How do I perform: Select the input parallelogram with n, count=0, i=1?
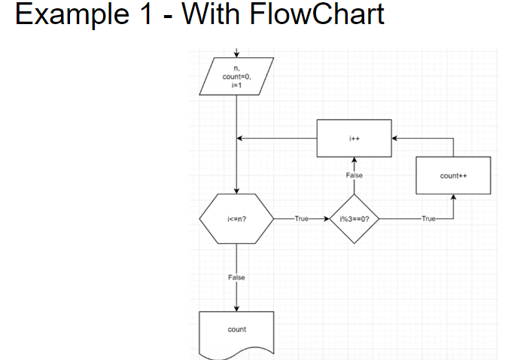[236, 76]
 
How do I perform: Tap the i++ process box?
[354, 139]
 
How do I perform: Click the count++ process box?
[453, 175]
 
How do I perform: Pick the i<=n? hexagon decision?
[236, 219]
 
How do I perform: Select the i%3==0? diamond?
[354, 219]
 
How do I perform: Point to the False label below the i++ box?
[354, 175]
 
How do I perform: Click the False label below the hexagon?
[236, 278]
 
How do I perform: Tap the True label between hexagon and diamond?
[303, 219]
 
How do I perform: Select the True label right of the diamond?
[428, 219]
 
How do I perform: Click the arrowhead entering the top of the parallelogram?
[236, 53]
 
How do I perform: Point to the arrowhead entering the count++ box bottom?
[453, 197]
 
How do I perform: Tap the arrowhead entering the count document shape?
[236, 307]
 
